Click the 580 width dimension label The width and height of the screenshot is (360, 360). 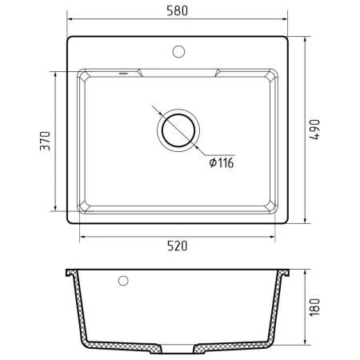point(178,10)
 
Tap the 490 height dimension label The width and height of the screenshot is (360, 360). point(314,130)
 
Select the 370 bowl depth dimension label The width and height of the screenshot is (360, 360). point(45,141)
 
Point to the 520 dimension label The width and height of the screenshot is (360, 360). point(178,246)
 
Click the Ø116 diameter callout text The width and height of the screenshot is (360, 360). point(222,162)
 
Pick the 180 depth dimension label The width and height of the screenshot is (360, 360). point(314,307)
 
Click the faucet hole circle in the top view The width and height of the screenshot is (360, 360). point(178,51)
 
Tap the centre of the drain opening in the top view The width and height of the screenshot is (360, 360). point(178,130)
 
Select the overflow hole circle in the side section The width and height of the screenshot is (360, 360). point(123,281)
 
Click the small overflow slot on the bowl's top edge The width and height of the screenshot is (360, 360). point(123,73)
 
